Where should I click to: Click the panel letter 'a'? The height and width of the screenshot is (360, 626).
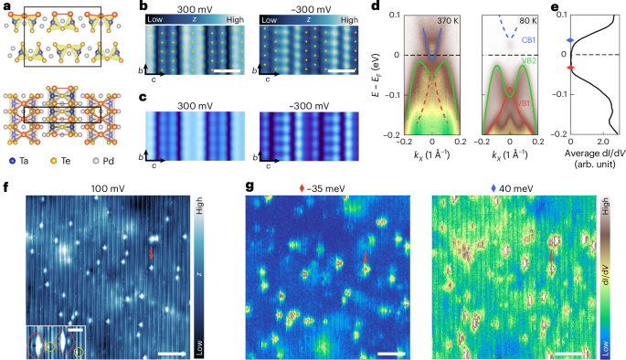tap(6, 6)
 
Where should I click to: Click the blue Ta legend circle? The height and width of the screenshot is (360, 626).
tap(12, 161)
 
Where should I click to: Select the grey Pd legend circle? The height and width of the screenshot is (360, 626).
tap(95, 161)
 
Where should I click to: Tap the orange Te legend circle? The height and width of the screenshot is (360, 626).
tap(53, 161)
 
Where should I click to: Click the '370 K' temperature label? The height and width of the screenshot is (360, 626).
tap(447, 21)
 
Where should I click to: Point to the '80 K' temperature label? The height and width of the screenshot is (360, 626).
tap(528, 21)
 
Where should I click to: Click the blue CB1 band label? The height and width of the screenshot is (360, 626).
tap(528, 40)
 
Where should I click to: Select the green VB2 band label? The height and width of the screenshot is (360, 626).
tap(529, 60)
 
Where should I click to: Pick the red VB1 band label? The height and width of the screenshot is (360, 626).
tap(525, 103)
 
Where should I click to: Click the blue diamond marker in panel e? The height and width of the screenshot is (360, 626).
tap(571, 40)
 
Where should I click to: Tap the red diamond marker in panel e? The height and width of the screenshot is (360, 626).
tap(571, 68)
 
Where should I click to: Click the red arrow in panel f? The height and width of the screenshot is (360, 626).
tap(152, 253)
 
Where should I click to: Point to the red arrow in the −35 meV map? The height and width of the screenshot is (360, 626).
tap(366, 258)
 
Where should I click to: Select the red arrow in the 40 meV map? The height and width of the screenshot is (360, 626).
tap(551, 256)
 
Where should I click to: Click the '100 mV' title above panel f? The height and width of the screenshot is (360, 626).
tap(108, 188)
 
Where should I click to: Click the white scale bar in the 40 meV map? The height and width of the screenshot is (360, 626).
tap(568, 354)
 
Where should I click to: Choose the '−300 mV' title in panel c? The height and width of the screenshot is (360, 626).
tap(310, 106)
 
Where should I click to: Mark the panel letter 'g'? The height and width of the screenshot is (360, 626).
tap(249, 186)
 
